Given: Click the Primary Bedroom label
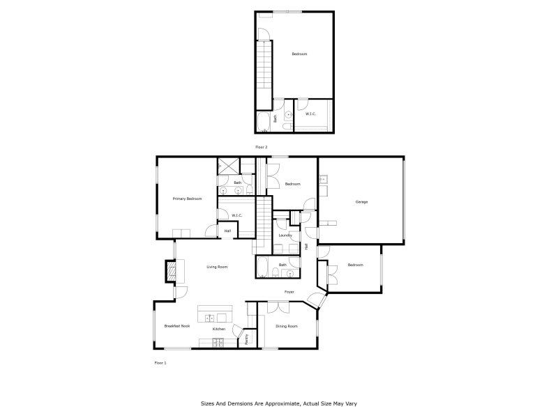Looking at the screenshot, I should [188, 199].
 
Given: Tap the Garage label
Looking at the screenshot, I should [361, 202].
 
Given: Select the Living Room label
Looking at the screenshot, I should [217, 267].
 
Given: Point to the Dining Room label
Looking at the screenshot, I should [287, 326].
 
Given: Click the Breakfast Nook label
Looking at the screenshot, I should [176, 326].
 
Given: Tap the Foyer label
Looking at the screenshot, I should [289, 292].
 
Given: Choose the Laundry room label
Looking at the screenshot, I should [285, 235].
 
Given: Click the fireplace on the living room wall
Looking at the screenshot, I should [170, 270].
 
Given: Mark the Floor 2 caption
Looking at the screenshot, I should [262, 147].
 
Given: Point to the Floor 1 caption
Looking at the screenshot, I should [160, 362].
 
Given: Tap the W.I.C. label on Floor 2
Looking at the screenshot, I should [311, 114].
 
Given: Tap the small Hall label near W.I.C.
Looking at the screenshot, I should [227, 231].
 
